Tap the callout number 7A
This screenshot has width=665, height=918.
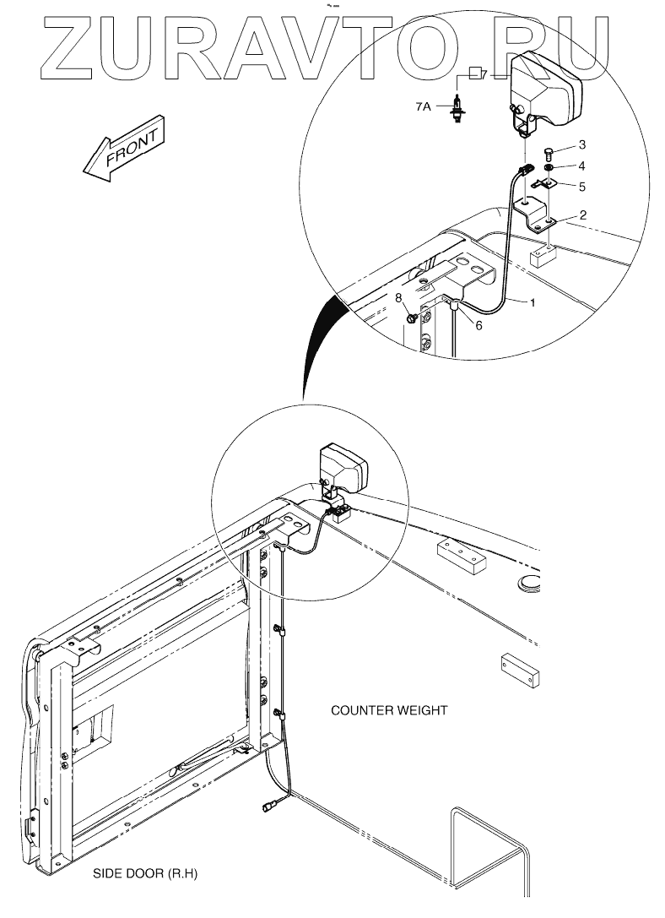pos(424,107)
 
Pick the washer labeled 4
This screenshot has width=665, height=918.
pos(549,169)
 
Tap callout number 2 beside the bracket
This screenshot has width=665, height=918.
pos(583,216)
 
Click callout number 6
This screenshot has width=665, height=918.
pos(478,325)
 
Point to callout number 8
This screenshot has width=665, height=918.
pos(399,297)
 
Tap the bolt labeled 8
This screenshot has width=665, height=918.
pos(411,318)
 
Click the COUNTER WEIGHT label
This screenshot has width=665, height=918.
pos(389,710)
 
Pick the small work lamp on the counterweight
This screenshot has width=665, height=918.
pos(343,469)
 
